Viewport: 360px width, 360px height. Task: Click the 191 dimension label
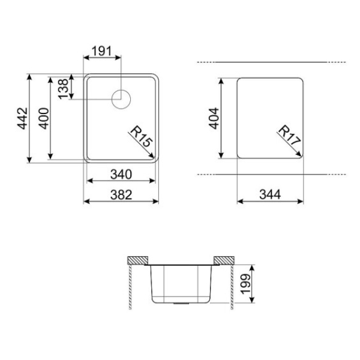click(101, 51)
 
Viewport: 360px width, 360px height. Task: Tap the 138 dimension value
click(64, 89)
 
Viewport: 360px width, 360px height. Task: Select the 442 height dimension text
click(23, 118)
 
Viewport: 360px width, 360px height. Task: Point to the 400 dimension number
click(44, 118)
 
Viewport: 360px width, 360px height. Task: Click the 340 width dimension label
click(121, 174)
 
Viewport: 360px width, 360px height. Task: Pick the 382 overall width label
click(121, 194)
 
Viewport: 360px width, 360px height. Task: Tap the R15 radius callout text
click(141, 136)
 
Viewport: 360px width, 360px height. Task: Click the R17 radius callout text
click(289, 135)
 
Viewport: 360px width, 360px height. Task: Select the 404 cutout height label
click(214, 118)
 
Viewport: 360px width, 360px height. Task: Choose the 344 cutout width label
click(270, 194)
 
